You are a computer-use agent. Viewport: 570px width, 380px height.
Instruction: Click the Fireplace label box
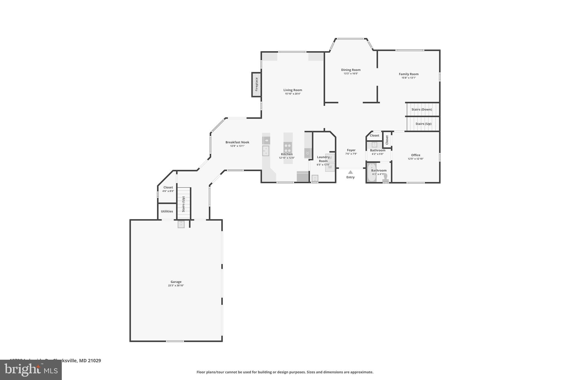click(256, 84)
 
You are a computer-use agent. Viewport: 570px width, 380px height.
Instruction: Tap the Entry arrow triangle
click(350, 172)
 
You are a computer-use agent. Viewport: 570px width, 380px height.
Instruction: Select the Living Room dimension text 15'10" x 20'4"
click(293, 94)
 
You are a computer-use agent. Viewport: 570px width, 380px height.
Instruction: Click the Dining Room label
click(351, 70)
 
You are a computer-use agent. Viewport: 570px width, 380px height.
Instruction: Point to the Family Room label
click(409, 74)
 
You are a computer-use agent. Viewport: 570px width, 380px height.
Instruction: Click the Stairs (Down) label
click(422, 109)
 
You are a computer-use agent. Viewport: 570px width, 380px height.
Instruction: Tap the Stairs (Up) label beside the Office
click(423, 124)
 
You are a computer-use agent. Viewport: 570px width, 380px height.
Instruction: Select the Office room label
click(416, 155)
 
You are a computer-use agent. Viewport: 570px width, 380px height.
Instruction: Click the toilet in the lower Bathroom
click(385, 178)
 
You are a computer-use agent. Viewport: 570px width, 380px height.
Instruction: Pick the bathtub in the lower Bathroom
click(372, 173)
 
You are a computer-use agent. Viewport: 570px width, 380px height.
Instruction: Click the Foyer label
click(351, 150)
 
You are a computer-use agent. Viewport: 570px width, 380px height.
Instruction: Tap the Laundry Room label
click(323, 159)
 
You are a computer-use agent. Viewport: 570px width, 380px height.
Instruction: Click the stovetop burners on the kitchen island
click(288, 147)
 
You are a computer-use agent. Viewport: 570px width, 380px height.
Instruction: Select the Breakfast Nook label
click(237, 142)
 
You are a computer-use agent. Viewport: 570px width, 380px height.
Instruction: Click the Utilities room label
click(167, 211)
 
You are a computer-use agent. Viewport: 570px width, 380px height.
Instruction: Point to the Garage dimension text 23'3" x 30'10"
click(176, 286)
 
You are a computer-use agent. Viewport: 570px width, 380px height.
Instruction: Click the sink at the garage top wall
click(181, 224)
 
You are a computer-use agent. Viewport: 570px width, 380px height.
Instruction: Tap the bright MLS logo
click(31, 370)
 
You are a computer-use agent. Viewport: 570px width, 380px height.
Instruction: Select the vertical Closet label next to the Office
click(387, 140)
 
